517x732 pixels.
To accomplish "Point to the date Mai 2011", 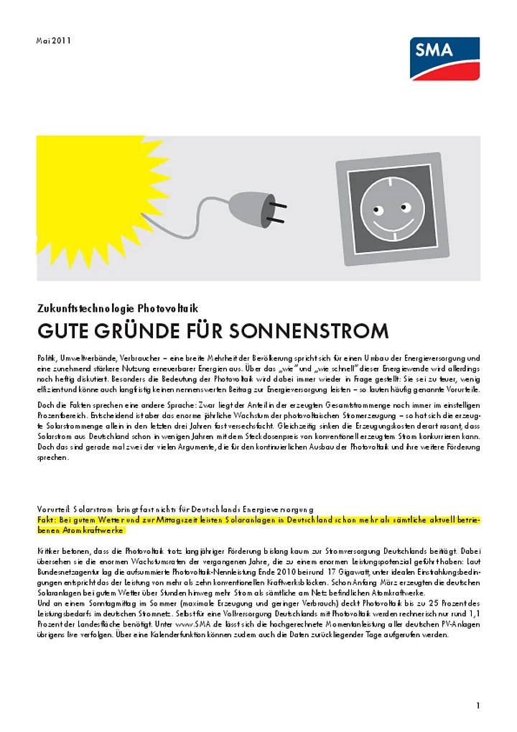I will [x=54, y=40].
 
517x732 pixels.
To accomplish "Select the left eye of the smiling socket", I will [x=376, y=209].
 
